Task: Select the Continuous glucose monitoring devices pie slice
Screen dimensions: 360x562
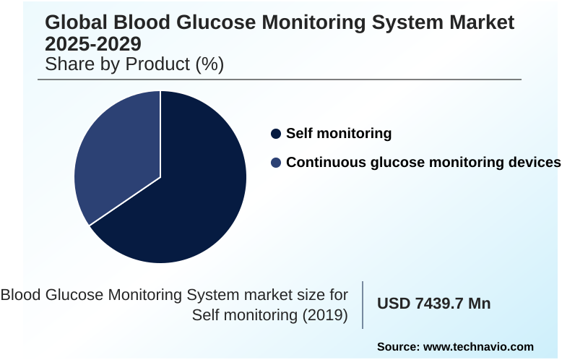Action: pyautogui.click(x=116, y=159)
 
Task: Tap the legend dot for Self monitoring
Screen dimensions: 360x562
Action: pyautogui.click(x=275, y=134)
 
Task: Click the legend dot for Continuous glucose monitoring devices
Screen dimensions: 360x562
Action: pyautogui.click(x=275, y=163)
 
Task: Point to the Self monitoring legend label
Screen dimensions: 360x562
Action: pyautogui.click(x=339, y=134)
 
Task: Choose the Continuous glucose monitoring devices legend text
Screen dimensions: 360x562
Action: pyautogui.click(x=423, y=163)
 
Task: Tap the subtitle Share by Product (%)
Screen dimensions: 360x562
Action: pyautogui.click(x=134, y=64)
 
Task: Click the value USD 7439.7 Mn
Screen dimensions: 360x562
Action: pyautogui.click(x=434, y=304)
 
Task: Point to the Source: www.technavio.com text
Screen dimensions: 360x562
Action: pyautogui.click(x=455, y=347)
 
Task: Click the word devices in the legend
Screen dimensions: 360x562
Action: pyautogui.click(x=533, y=163)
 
